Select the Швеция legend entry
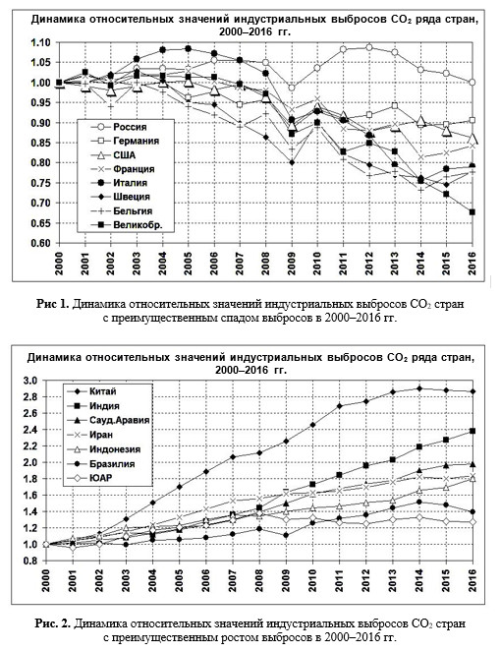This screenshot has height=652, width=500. click(x=120, y=197)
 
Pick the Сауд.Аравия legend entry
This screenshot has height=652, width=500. click(x=107, y=420)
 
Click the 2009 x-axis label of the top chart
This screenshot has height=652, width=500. click(x=292, y=264)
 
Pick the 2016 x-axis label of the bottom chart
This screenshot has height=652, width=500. click(x=472, y=580)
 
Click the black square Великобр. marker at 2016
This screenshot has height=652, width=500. click(x=472, y=212)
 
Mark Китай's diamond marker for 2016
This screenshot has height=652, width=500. click(x=472, y=391)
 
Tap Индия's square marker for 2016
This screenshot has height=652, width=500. click(x=472, y=431)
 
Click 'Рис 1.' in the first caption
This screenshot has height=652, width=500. click(x=52, y=304)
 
